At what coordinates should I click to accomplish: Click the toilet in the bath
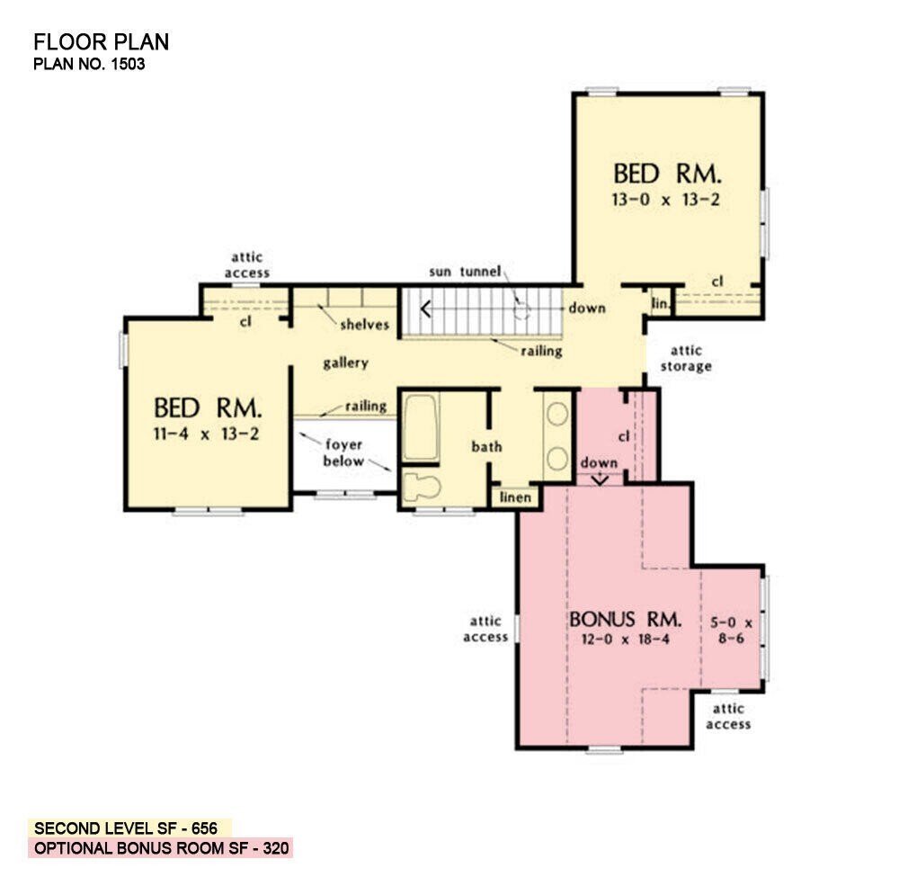420,487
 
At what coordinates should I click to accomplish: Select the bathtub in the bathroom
420,429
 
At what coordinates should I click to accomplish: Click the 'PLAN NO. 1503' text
89,64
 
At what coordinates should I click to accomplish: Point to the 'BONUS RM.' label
625,620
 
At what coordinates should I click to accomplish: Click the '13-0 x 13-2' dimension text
667,199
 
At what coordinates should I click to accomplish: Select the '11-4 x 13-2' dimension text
208,434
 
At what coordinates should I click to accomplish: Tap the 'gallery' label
345,363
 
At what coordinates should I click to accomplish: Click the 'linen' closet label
514,497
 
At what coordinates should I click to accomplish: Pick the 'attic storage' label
686,358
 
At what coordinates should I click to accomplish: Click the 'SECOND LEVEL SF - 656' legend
131,828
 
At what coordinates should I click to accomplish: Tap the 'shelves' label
364,325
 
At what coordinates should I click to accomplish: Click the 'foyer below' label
344,453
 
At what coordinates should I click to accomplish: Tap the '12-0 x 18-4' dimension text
624,640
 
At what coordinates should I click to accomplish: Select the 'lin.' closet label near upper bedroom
661,305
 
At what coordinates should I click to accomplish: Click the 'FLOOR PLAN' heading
101,42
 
